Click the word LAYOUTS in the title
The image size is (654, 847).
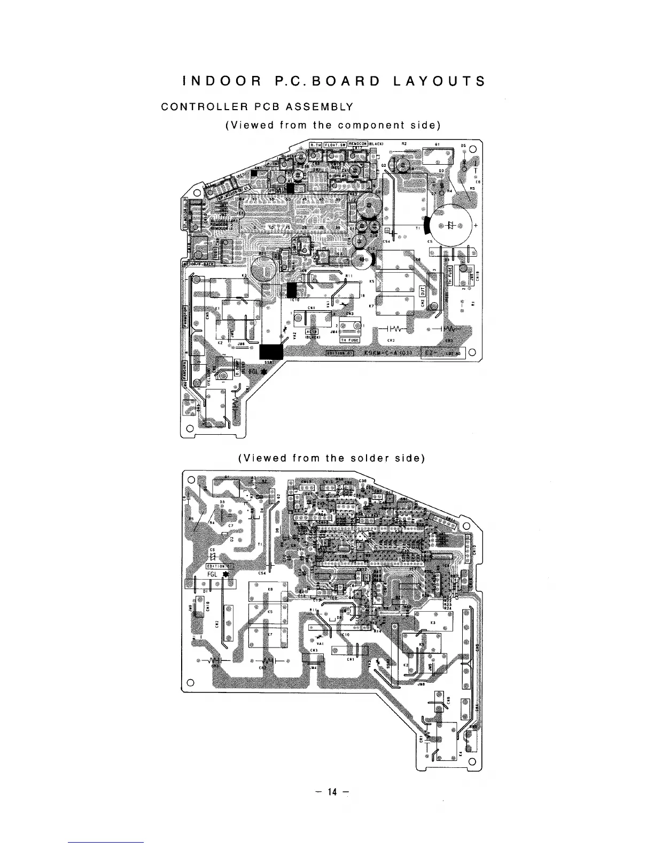click(439, 81)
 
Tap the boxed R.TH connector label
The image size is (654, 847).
click(315, 143)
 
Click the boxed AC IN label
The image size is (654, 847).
click(312, 332)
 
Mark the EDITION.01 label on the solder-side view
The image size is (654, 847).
click(219, 566)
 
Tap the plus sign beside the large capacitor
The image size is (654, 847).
click(475, 225)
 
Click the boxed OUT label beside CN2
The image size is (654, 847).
click(421, 291)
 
